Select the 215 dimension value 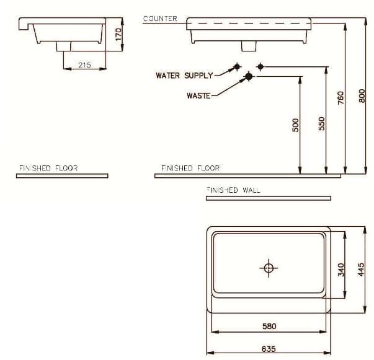click(x=84, y=64)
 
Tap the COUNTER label click(x=160, y=19)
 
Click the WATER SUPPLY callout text click(x=184, y=76)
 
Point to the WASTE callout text click(x=198, y=95)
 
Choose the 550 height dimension click(x=321, y=124)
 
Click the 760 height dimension click(x=341, y=98)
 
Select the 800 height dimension click(x=362, y=96)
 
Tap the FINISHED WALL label click(x=233, y=190)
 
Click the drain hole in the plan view click(x=269, y=268)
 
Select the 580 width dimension click(x=269, y=326)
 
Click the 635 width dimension click(x=268, y=349)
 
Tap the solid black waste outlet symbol click(x=249, y=76)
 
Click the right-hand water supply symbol click(x=260, y=66)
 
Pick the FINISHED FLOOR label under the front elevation click(x=190, y=168)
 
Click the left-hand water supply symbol click(x=236, y=66)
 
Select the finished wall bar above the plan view click(x=268, y=198)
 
